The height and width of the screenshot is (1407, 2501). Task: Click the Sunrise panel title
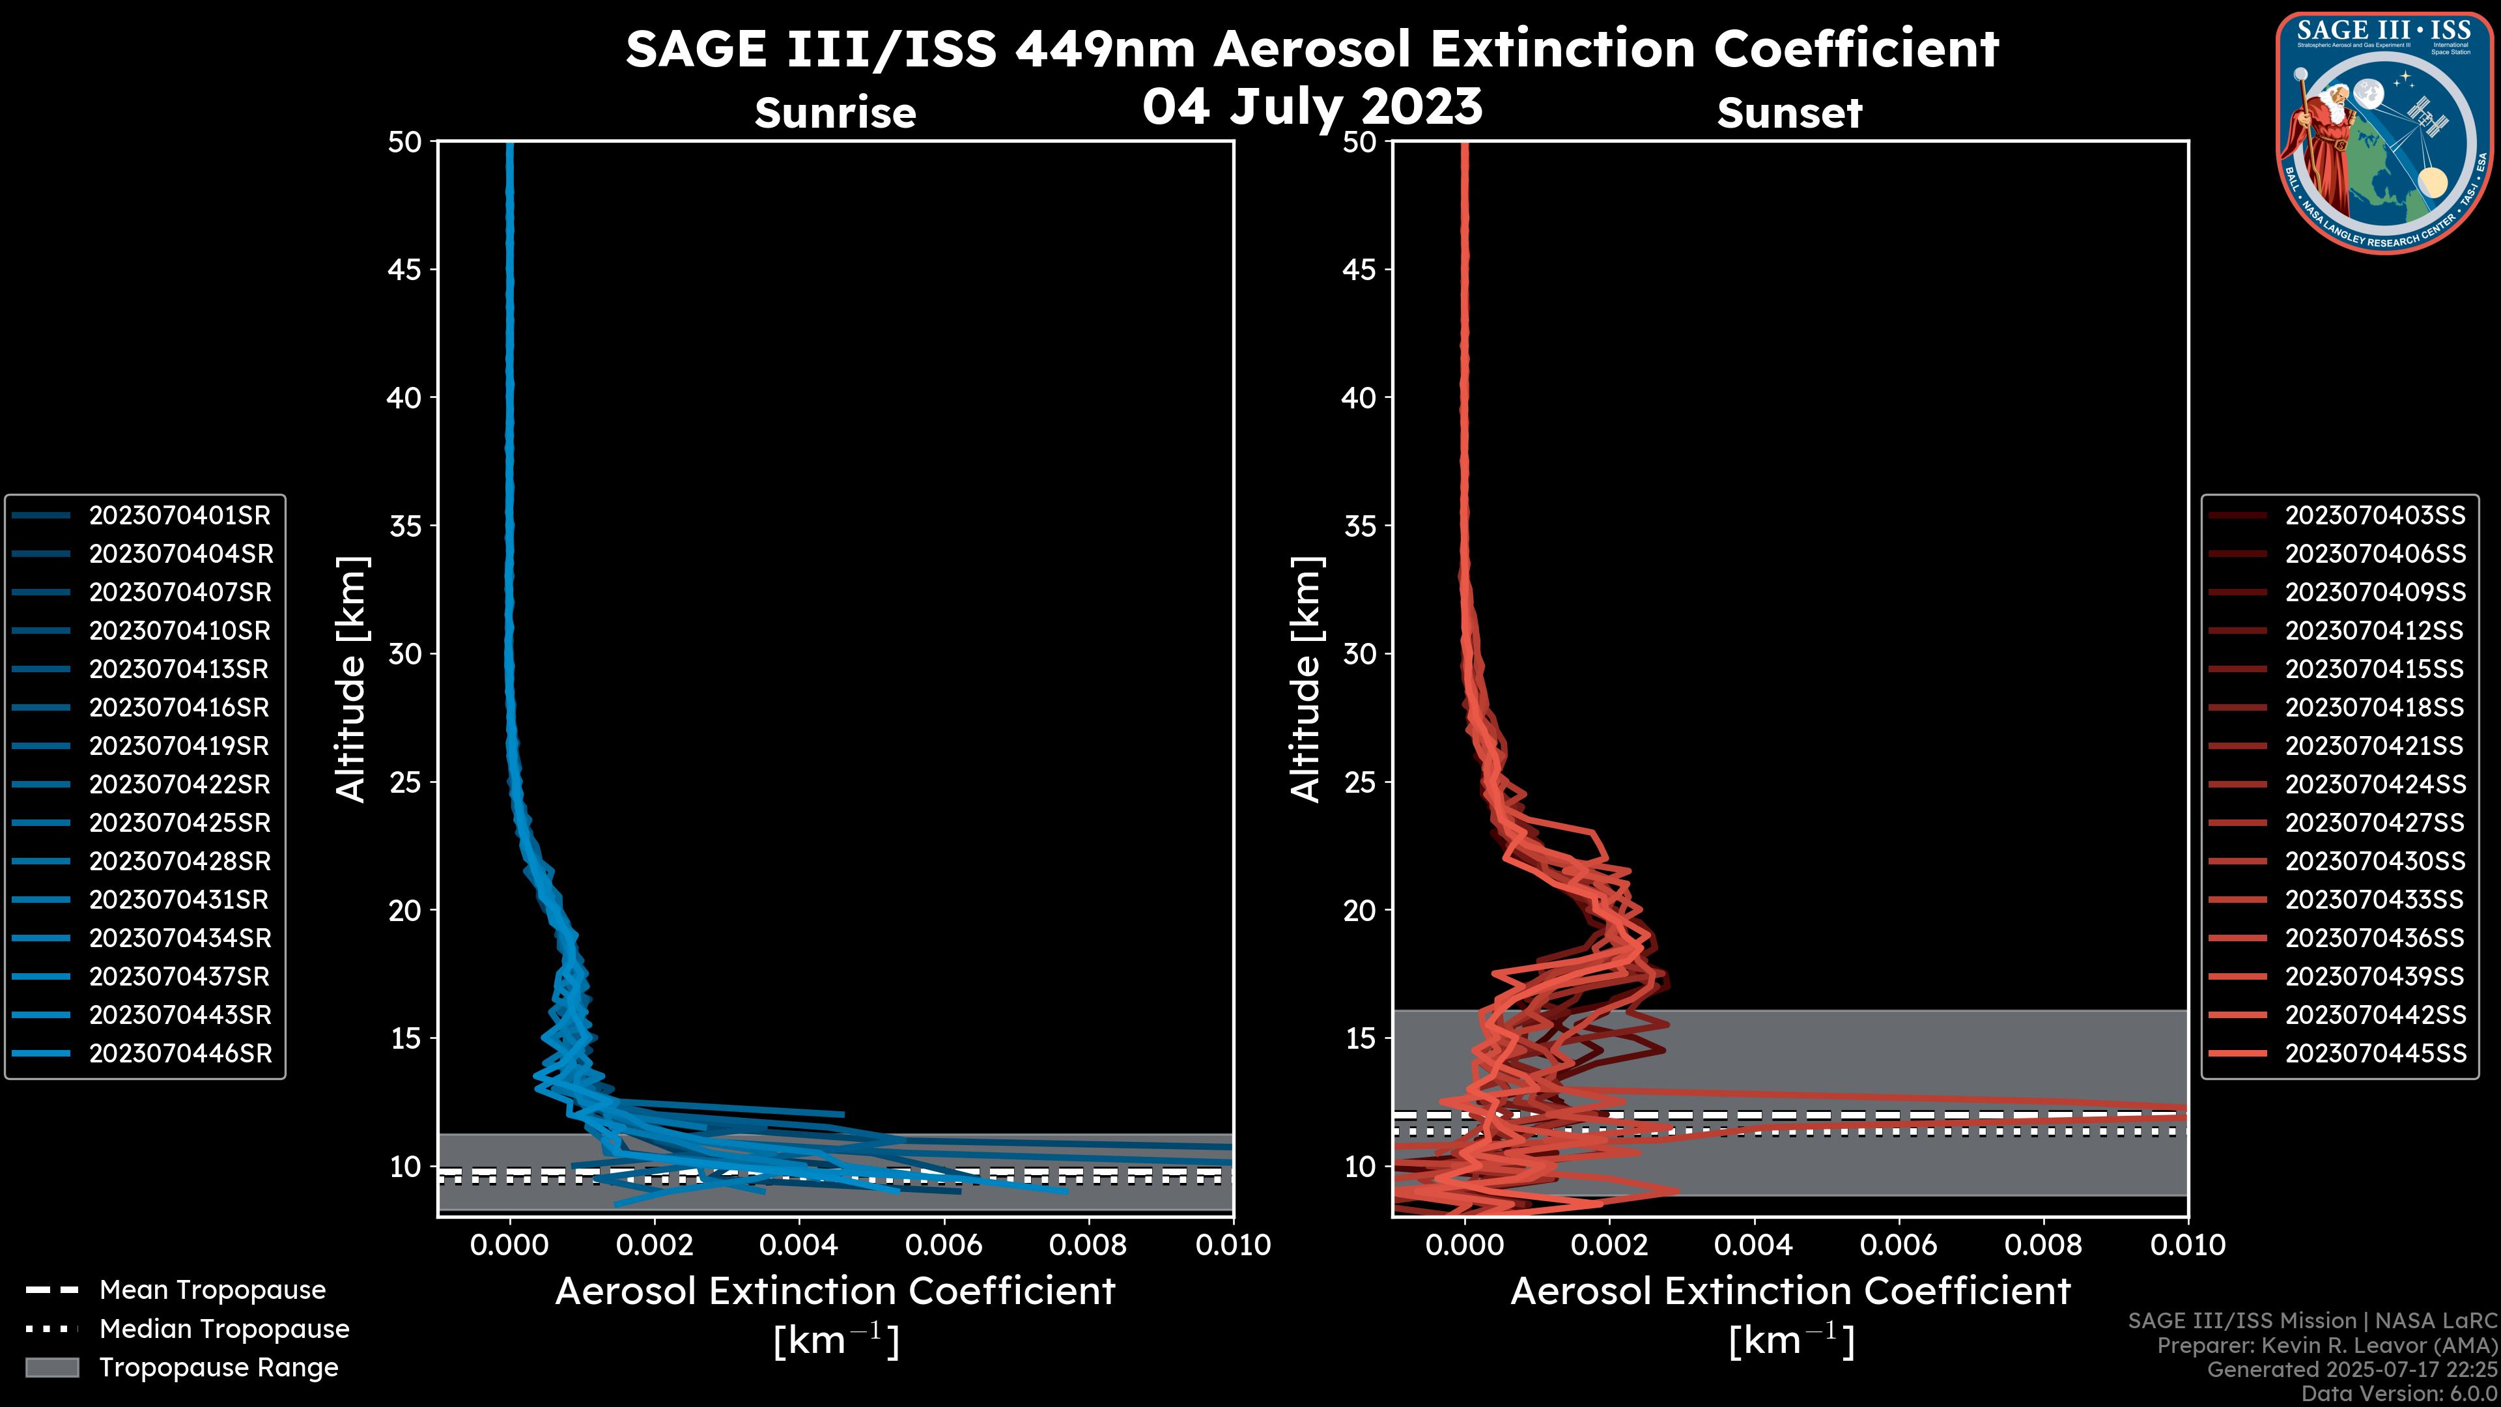(835, 113)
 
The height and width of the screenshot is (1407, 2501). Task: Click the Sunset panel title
(1789, 113)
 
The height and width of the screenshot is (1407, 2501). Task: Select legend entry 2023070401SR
(180, 516)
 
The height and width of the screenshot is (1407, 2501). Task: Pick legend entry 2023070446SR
(180, 1053)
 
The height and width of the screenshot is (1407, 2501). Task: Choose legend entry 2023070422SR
(180, 784)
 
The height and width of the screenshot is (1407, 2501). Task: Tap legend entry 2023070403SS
(2375, 516)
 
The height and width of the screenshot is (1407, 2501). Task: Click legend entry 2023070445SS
(2375, 1053)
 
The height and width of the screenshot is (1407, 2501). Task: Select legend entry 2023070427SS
(2375, 823)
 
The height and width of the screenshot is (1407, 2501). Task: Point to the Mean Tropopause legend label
(212, 1290)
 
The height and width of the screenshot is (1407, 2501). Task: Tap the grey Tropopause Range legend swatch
(51, 1367)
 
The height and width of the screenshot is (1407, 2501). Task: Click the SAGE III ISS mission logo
(2384, 131)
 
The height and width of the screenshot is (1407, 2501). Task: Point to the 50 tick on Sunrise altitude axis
(405, 142)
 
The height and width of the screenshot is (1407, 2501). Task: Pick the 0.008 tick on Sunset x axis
(2044, 1245)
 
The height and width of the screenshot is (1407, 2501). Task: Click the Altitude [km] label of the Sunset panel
(1306, 679)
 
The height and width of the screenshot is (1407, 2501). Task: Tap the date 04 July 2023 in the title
(1312, 107)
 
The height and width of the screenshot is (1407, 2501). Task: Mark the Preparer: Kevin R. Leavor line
(2326, 1346)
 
